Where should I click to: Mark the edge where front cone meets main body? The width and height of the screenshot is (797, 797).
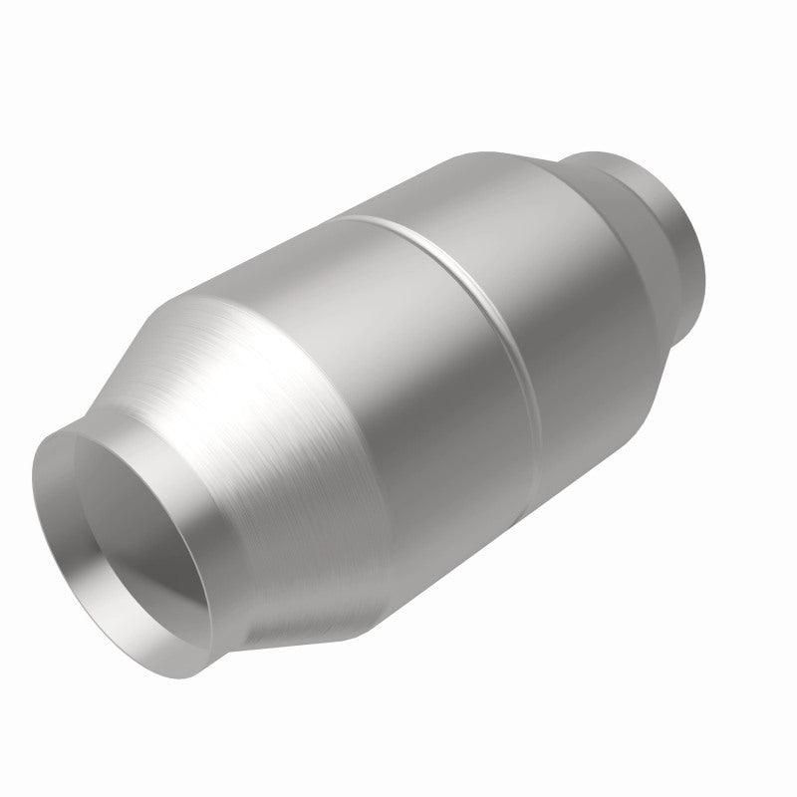click(x=329, y=478)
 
